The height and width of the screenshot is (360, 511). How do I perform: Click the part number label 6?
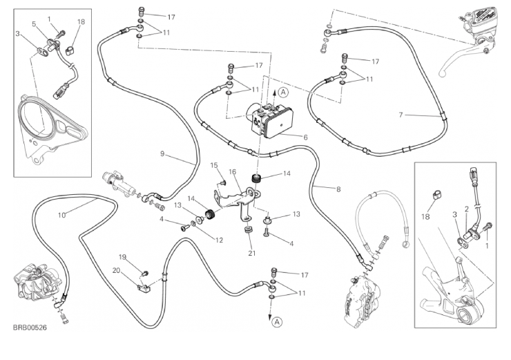pyautogui.click(x=305, y=137)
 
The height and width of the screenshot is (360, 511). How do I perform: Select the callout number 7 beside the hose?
pyautogui.click(x=401, y=114)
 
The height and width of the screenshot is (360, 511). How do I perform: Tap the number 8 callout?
pyautogui.click(x=338, y=189)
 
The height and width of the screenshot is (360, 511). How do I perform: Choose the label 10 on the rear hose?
pyautogui.click(x=61, y=215)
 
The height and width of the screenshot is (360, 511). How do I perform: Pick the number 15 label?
pyautogui.click(x=215, y=164)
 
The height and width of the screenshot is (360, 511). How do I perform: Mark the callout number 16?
pyautogui.click(x=233, y=171)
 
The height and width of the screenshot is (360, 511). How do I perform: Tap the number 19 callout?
pyautogui.click(x=122, y=256)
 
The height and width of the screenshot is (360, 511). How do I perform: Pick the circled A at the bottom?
pyautogui.click(x=276, y=321)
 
